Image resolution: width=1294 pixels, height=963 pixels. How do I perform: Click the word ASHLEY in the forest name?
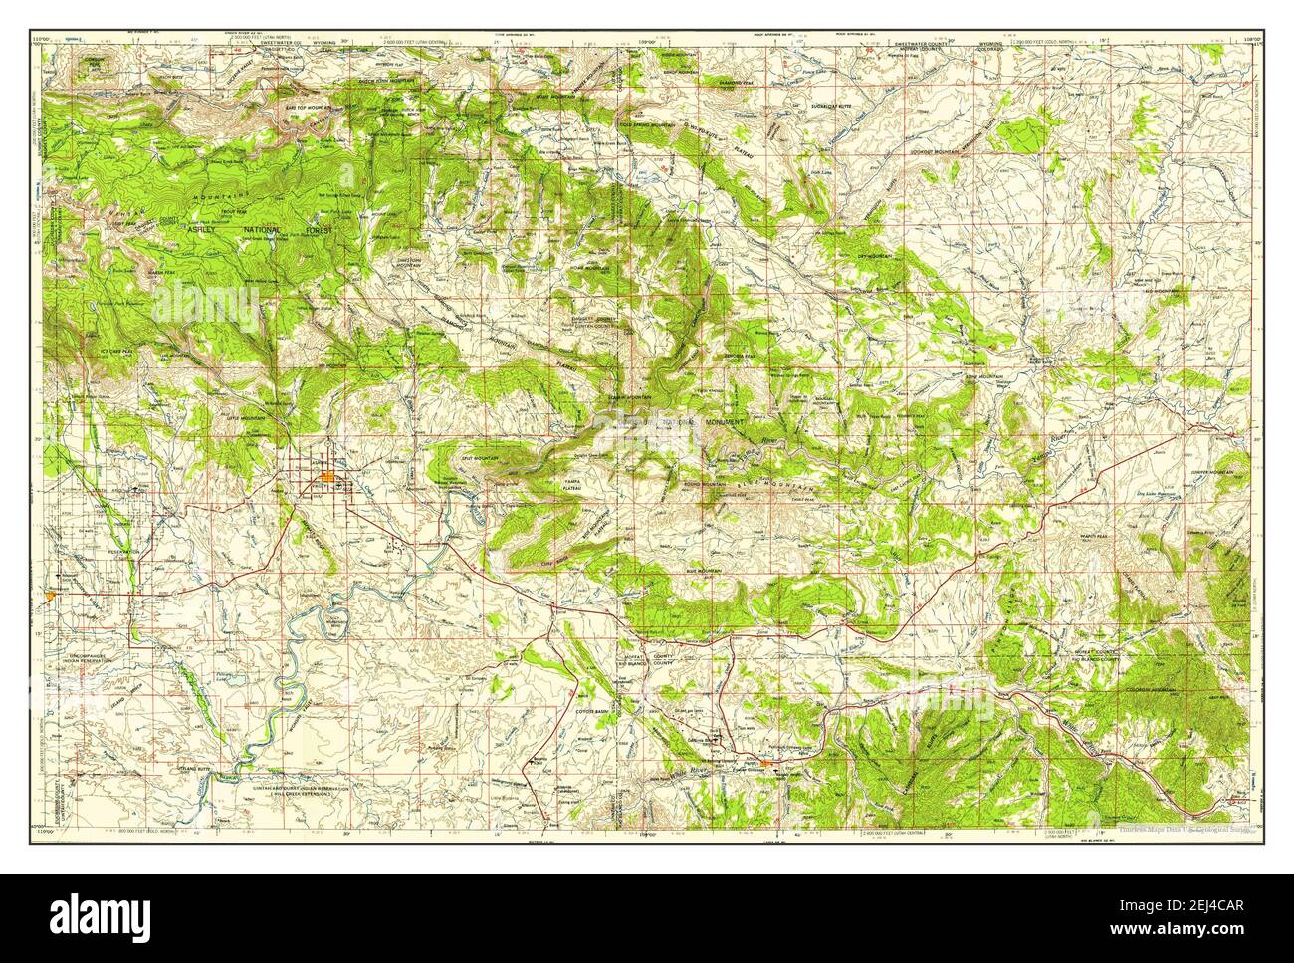tap(201, 229)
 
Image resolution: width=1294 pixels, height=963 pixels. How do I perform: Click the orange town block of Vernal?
tap(329, 484)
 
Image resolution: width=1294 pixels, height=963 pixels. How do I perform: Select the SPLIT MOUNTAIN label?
tap(482, 457)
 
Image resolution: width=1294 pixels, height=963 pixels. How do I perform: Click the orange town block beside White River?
tap(779, 763)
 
